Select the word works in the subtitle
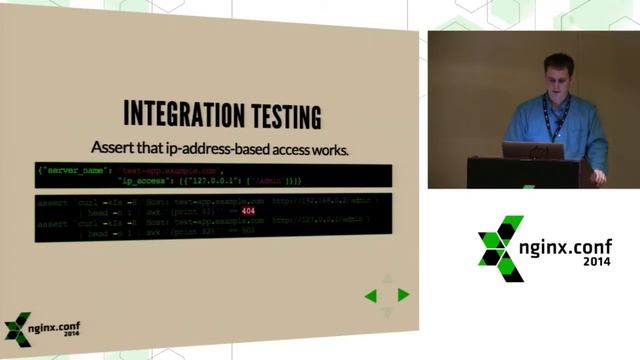tap(323, 148)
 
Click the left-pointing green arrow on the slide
tap(370, 295)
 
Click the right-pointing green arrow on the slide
tap(403, 295)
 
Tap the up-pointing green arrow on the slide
tap(387, 281)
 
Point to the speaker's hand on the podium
tap(597, 175)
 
